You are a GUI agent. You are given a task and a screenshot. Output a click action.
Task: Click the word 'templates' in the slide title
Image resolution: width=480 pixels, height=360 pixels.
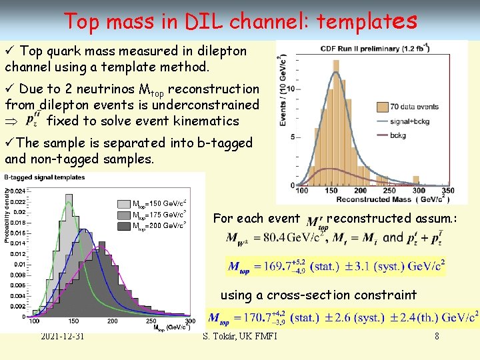point(367,21)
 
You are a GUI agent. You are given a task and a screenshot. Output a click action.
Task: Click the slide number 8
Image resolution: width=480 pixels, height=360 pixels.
point(437,336)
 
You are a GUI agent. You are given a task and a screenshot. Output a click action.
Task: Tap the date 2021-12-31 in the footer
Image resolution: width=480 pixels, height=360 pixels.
point(62,336)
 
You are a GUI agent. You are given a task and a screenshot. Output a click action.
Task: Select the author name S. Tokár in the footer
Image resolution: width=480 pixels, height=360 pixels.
point(240,336)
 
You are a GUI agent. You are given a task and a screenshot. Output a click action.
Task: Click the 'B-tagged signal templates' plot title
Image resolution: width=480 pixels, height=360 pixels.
point(45,177)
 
